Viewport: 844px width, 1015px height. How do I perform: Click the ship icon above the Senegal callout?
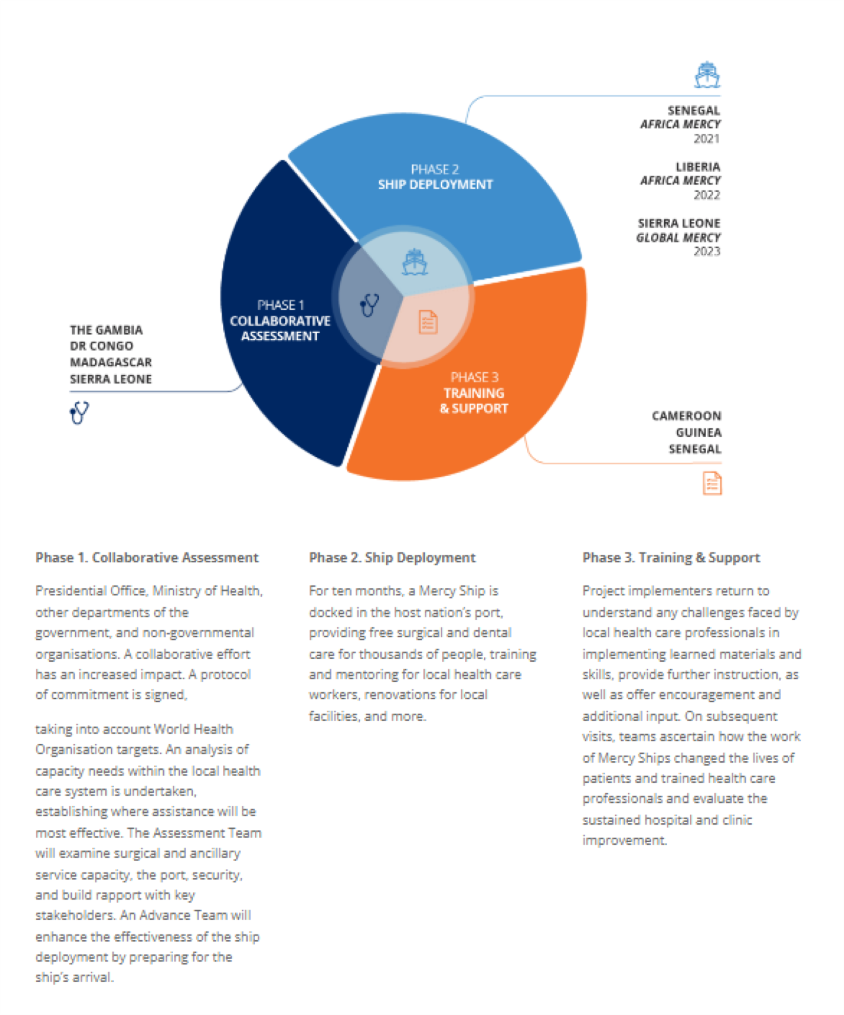pyautogui.click(x=707, y=75)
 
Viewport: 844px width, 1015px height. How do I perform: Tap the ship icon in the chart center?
pyautogui.click(x=415, y=262)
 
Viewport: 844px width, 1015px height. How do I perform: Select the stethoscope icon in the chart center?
pyautogui.click(x=369, y=305)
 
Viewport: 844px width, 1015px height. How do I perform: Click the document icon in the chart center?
pyautogui.click(x=428, y=322)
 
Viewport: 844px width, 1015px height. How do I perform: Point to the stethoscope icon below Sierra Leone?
pyautogui.click(x=79, y=413)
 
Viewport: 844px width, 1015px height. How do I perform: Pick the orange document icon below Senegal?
pyautogui.click(x=712, y=483)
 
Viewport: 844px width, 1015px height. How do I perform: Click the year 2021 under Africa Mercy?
pyautogui.click(x=707, y=138)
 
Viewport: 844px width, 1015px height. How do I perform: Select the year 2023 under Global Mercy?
pyautogui.click(x=707, y=251)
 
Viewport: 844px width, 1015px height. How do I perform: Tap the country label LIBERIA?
pyautogui.click(x=697, y=167)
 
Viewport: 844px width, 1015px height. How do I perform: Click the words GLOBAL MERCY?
pyautogui.click(x=678, y=237)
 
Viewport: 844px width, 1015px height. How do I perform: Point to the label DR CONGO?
pyautogui.click(x=101, y=346)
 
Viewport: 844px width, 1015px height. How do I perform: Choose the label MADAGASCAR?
pyautogui.click(x=111, y=362)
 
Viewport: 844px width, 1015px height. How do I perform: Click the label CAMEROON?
pyautogui.click(x=686, y=416)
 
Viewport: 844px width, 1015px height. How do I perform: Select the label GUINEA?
pyautogui.click(x=698, y=432)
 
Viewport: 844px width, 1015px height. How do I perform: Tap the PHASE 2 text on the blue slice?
pyautogui.click(x=435, y=169)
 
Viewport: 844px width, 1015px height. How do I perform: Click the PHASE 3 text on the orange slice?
pyautogui.click(x=474, y=377)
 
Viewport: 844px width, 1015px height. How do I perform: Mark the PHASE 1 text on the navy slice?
pyautogui.click(x=280, y=305)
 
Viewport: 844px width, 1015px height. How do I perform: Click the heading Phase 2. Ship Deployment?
pyautogui.click(x=392, y=557)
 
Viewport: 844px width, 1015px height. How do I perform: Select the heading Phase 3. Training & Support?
pyautogui.click(x=671, y=557)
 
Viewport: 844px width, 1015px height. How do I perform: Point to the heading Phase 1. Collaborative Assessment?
pyautogui.click(x=147, y=557)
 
